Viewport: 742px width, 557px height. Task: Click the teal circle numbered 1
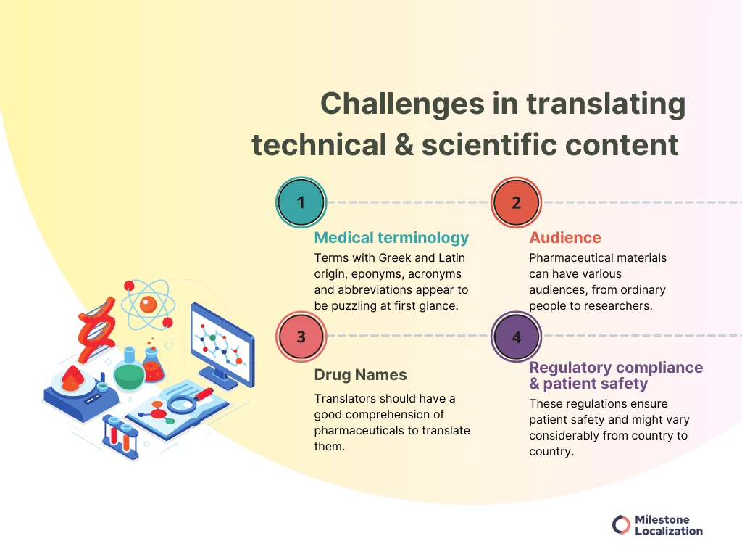[301, 202]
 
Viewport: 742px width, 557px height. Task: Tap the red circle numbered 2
[516, 202]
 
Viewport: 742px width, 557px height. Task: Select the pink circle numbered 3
[301, 337]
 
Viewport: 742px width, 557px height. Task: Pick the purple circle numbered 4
[516, 337]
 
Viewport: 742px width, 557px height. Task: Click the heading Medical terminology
[391, 238]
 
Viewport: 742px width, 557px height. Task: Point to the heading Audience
[555, 238]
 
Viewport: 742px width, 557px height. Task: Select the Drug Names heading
[360, 375]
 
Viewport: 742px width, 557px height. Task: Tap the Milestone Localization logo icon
[620, 525]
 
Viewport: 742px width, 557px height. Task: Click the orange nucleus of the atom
[148, 305]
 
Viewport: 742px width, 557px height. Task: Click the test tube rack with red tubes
[120, 435]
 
